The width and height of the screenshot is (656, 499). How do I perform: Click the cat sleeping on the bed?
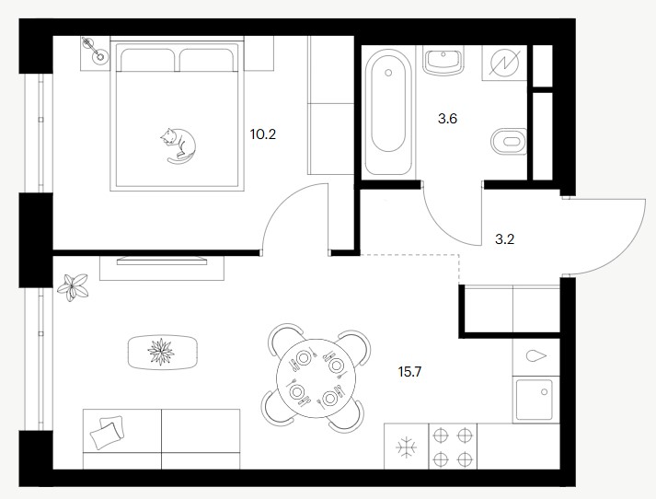(x=178, y=145)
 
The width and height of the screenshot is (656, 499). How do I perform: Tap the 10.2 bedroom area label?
(x=263, y=134)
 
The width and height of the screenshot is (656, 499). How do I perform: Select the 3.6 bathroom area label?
(x=447, y=119)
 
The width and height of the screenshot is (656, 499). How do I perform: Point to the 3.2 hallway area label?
(x=504, y=239)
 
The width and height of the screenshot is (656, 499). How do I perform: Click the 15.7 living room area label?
(x=409, y=371)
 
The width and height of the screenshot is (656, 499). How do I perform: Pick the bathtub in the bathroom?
(x=388, y=111)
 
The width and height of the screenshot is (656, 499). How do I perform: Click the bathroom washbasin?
(x=443, y=60)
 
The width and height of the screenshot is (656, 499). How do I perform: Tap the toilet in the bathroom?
(x=509, y=141)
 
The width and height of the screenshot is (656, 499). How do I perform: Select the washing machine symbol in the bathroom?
(x=504, y=63)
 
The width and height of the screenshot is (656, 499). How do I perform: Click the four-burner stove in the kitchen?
(x=453, y=447)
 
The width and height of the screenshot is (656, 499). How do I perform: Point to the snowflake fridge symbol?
(x=407, y=447)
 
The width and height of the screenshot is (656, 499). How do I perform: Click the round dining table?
(x=316, y=378)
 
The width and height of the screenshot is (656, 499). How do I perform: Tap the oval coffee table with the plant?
(x=162, y=352)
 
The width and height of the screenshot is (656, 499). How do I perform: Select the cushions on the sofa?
(x=107, y=432)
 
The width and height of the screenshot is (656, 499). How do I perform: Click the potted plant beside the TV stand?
(x=74, y=287)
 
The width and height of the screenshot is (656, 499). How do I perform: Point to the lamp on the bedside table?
(x=94, y=50)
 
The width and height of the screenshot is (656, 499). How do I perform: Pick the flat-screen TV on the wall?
(x=162, y=261)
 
